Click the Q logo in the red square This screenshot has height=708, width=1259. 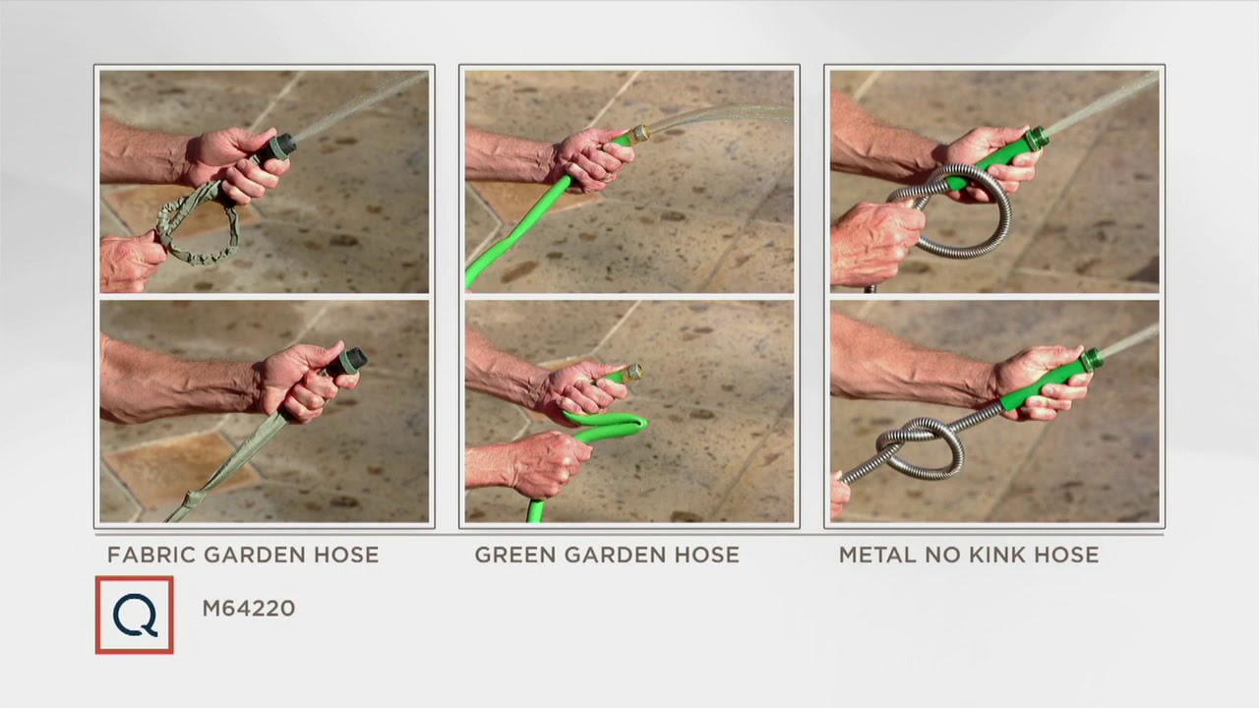[135, 615]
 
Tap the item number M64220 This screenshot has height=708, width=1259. [249, 609]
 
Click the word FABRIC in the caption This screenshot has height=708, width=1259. [151, 556]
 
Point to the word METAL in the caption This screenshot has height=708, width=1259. [877, 556]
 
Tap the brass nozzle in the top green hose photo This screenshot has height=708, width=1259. [639, 134]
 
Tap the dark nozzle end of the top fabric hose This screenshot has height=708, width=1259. [279, 147]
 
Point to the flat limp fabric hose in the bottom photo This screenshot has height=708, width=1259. [225, 472]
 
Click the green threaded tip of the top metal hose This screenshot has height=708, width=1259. [1038, 138]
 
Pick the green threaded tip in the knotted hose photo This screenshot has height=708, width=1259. [1093, 360]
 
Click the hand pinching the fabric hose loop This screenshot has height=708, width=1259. [132, 262]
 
